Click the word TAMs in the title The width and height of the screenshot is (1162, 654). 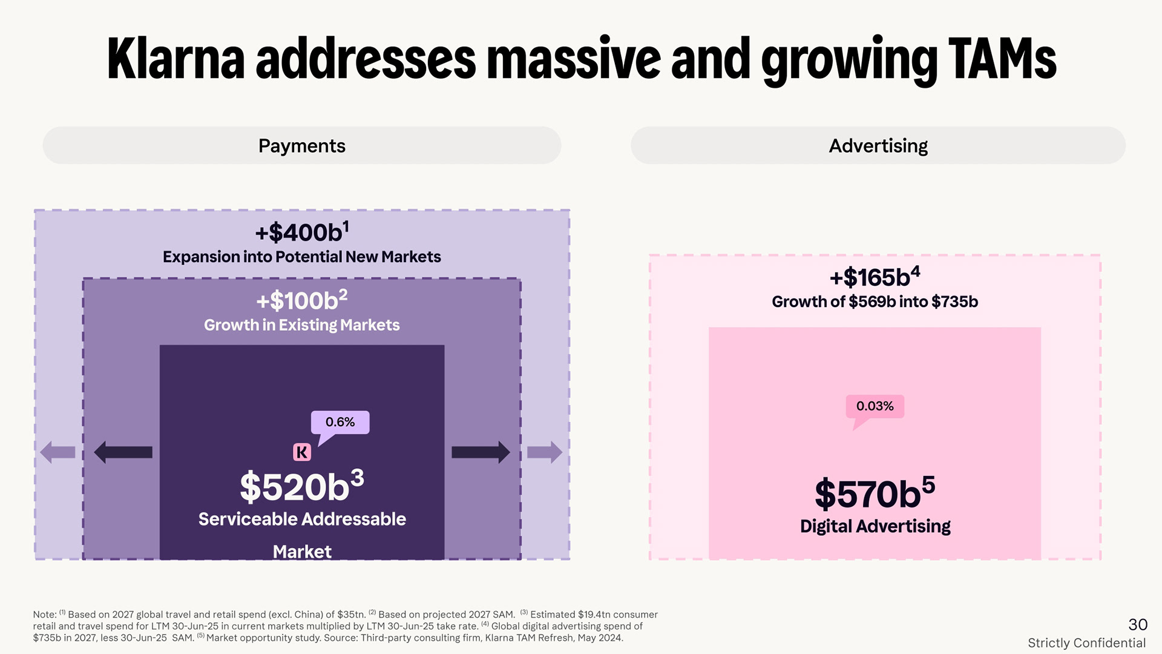coord(1002,59)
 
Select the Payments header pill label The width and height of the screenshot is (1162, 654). coord(301,146)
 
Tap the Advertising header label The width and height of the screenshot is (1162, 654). coord(878,146)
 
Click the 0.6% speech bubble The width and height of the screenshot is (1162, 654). coord(340,422)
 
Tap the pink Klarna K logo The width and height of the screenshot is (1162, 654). coord(302,452)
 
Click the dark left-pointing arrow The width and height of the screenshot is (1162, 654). coord(123,452)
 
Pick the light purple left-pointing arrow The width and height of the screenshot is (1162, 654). coord(57,452)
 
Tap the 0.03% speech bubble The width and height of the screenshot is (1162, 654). coord(875,406)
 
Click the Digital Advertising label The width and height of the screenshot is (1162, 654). coord(875,526)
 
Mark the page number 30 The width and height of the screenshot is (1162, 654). coord(1138,624)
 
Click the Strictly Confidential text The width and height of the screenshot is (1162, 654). coord(1086,643)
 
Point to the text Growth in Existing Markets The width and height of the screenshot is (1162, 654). coord(301,325)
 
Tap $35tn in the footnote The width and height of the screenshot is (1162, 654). coord(350,615)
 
